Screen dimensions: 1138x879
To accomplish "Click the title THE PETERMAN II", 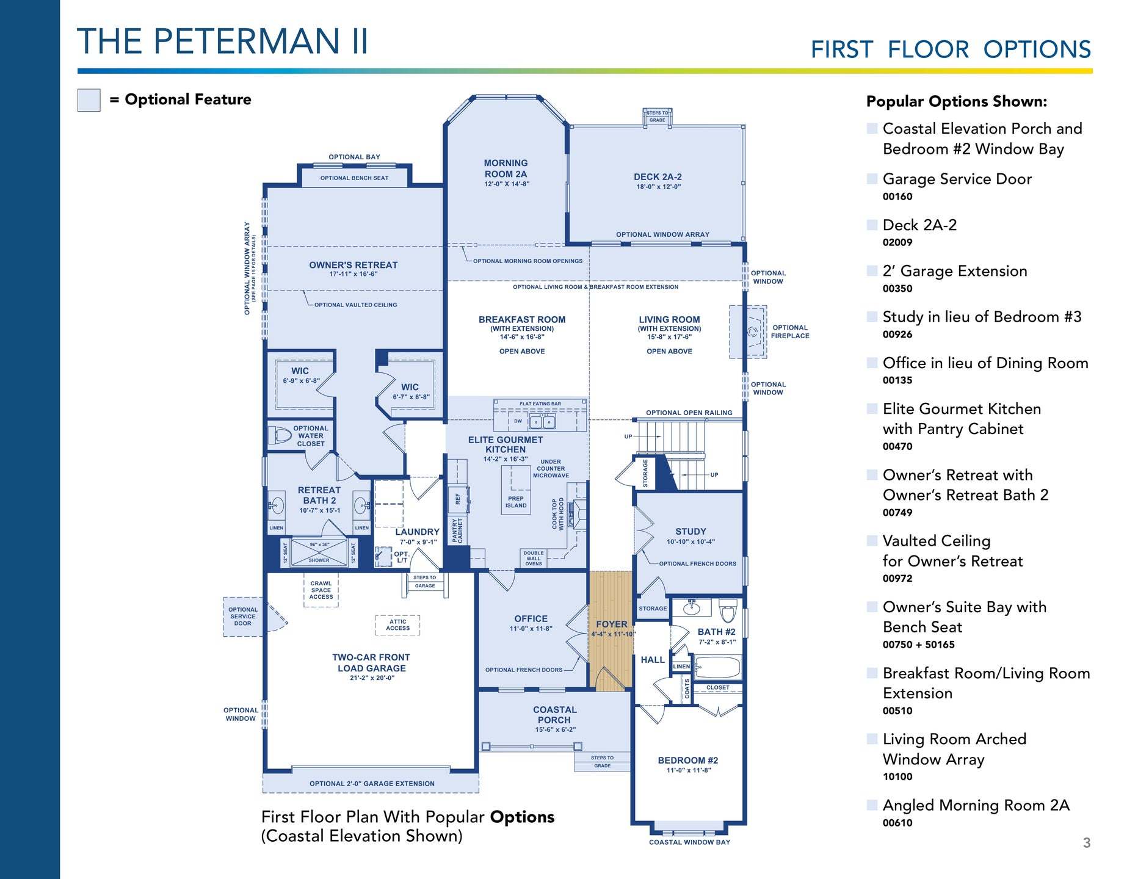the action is click(223, 41).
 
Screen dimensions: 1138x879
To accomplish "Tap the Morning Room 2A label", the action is click(506, 168).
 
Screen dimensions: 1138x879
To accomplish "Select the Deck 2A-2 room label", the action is click(658, 177).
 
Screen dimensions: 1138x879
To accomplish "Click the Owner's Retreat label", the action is click(353, 265).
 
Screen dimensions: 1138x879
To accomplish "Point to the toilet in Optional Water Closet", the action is click(280, 435).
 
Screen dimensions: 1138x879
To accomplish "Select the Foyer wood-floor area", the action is click(611, 631).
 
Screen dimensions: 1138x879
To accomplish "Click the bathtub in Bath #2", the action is click(717, 667).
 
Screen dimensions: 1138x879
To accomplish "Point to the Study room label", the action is click(690, 532).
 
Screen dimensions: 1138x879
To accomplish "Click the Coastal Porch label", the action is click(554, 715).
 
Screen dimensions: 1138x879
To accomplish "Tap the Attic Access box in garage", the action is click(397, 625).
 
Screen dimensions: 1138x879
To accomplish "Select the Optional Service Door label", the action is click(243, 617).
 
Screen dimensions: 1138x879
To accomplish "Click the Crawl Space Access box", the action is click(321, 590).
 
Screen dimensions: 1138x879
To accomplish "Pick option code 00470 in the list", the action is click(897, 446).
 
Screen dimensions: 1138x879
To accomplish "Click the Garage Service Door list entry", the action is click(957, 179).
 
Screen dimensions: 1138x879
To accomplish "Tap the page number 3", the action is click(1087, 843).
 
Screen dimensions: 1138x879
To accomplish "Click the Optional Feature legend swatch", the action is click(89, 100).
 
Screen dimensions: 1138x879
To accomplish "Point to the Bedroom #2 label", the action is click(688, 761).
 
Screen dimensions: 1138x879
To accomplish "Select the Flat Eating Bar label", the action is click(540, 404).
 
